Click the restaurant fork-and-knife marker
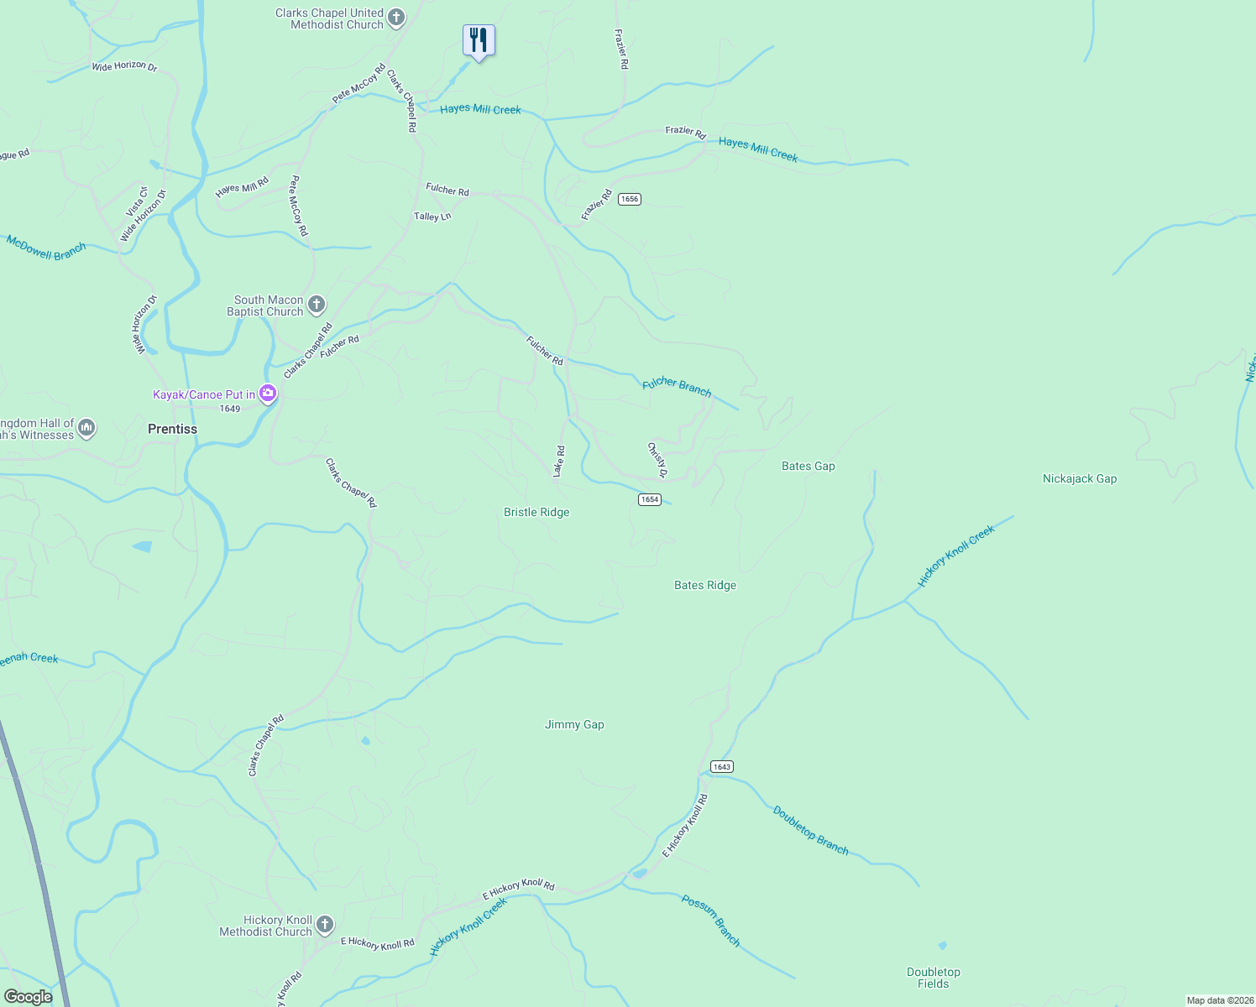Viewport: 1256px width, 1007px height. click(x=479, y=40)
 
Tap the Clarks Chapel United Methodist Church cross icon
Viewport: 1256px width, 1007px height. click(x=396, y=18)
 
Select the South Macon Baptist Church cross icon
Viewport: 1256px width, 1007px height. click(x=317, y=305)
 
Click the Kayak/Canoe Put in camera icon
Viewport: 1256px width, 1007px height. click(x=268, y=393)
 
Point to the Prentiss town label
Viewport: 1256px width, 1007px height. click(x=172, y=429)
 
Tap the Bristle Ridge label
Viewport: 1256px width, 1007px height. click(x=536, y=512)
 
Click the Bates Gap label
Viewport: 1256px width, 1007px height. click(x=808, y=466)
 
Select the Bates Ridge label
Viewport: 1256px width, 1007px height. click(x=704, y=585)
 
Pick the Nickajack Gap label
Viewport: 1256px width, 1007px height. click(x=1079, y=478)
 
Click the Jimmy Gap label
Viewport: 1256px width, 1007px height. click(x=574, y=724)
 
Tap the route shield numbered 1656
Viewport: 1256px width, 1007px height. click(x=630, y=199)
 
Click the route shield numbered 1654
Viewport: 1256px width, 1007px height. click(x=649, y=499)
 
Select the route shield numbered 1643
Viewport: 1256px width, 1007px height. click(x=721, y=766)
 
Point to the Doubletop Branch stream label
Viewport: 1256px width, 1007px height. click(x=810, y=831)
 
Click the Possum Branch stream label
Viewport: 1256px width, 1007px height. click(x=710, y=921)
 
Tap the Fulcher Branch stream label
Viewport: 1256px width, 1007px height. click(x=677, y=387)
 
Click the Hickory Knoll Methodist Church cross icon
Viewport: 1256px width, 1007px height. click(x=325, y=925)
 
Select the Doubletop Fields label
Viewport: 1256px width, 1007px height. click(x=933, y=978)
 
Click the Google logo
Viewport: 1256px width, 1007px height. click(x=28, y=996)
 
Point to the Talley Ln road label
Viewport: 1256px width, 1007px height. click(x=432, y=217)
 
